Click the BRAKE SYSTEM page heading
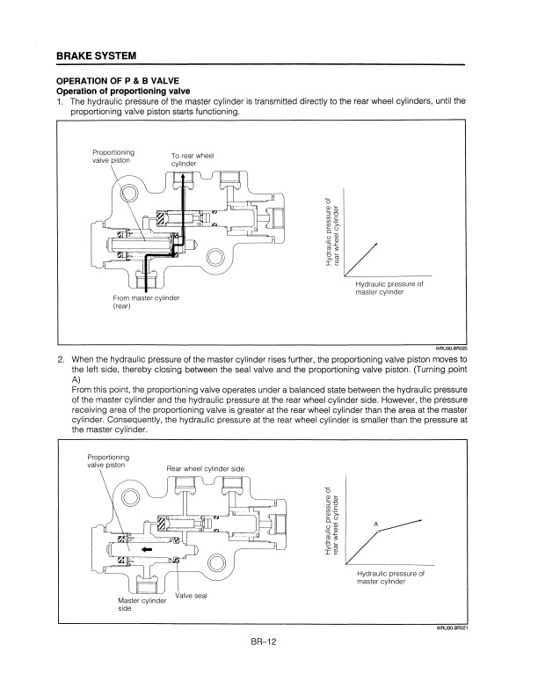click(97, 56)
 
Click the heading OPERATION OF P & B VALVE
click(118, 81)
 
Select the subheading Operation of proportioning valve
click(123, 92)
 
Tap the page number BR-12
click(263, 642)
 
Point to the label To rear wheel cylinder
click(193, 159)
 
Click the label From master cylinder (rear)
click(146, 302)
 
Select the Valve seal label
click(191, 596)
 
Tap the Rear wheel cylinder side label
click(205, 468)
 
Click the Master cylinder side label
click(142, 605)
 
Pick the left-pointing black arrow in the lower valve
click(147, 549)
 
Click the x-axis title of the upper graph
click(389, 288)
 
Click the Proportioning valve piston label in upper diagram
click(113, 156)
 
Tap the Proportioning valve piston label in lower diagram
click(108, 461)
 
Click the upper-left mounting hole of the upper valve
click(130, 193)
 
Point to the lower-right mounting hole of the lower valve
click(217, 562)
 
